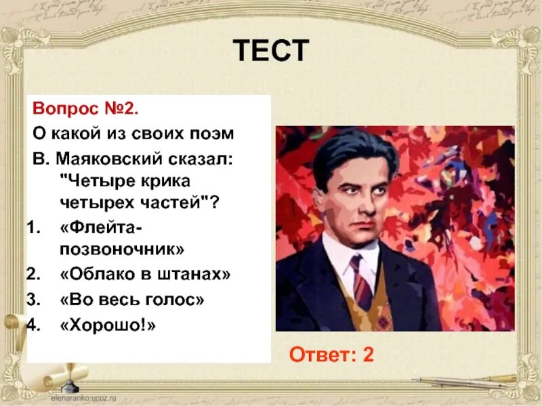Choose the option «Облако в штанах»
[x=146, y=274]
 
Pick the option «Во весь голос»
[x=132, y=299]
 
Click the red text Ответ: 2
[x=331, y=355]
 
